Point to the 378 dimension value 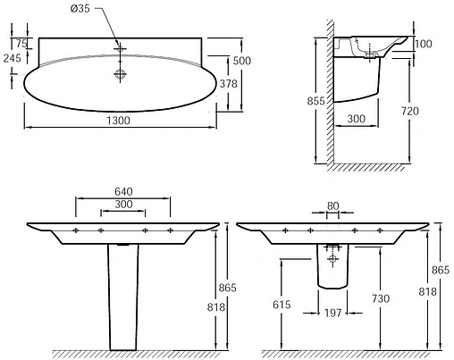[x=230, y=83]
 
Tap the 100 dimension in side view [x=423, y=44]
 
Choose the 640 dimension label [x=122, y=191]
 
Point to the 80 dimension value [x=332, y=205]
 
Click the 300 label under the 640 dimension [x=123, y=205]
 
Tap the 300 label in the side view [x=357, y=119]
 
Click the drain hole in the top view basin [x=119, y=76]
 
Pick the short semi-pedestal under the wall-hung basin [x=332, y=268]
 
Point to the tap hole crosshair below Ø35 [x=119, y=46]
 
